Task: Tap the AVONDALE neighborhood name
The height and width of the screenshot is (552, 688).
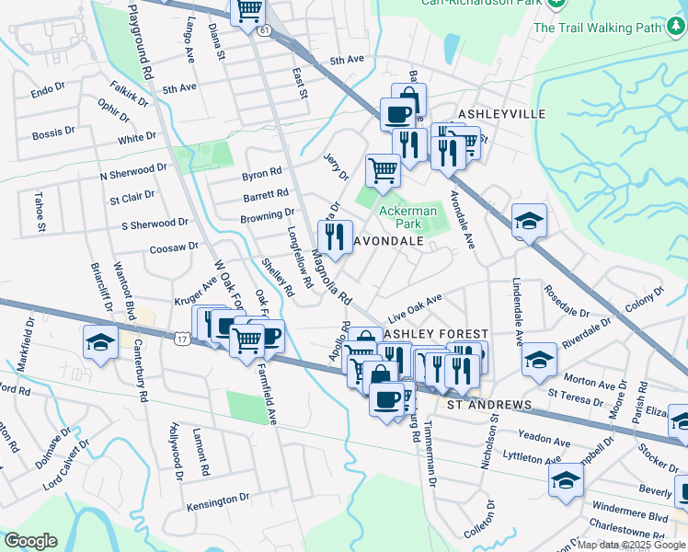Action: [387, 241]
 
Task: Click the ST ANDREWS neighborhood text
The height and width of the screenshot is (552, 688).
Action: [489, 405]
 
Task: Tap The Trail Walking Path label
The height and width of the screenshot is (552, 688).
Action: [598, 28]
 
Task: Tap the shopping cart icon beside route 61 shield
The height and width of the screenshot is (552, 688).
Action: [248, 12]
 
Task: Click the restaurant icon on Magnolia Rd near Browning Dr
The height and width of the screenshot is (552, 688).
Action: [335, 236]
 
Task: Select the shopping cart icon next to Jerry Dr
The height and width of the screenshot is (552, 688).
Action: [383, 169]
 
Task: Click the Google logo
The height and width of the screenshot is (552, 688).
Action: [30, 541]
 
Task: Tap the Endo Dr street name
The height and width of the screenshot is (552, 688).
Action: [48, 91]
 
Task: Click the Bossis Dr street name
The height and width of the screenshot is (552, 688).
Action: [54, 133]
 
